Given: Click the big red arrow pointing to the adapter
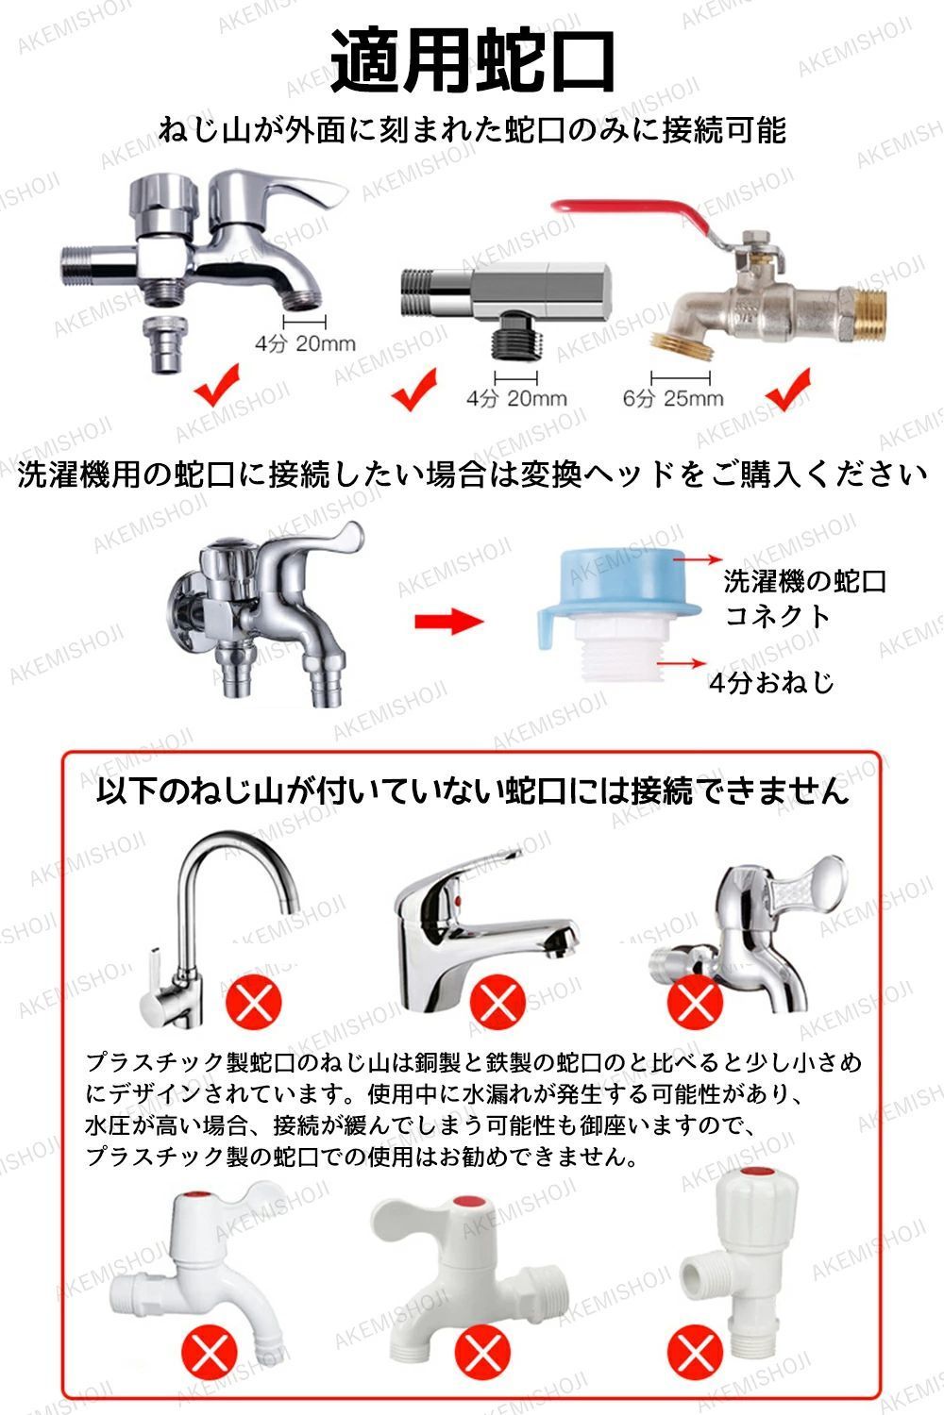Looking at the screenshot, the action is tap(449, 621).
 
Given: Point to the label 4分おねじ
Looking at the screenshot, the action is tap(771, 682).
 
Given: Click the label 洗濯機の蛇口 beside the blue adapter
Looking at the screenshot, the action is tap(805, 581).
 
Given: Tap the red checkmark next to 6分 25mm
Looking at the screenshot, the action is tap(788, 390).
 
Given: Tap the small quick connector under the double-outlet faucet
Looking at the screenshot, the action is tap(163, 344).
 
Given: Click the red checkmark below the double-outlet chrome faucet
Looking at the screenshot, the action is tap(217, 385).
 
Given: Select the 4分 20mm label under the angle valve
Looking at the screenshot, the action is tap(516, 399).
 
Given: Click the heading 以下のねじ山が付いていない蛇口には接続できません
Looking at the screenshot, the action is tap(472, 791).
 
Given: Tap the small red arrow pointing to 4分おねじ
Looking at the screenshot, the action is tap(681, 663).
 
